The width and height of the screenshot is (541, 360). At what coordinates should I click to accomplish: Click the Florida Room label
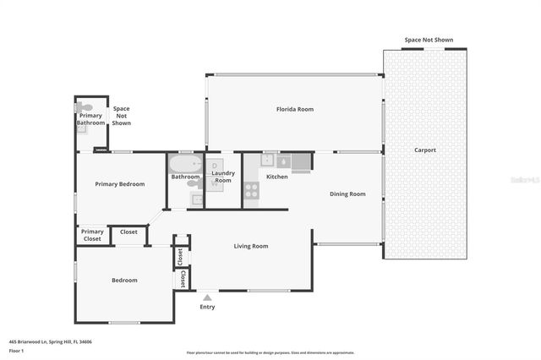[295, 109]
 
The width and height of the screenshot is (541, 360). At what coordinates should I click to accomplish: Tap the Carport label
[424, 150]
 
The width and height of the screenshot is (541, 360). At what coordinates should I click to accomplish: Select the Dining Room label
[347, 194]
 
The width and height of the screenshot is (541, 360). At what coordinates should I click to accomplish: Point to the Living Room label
[251, 246]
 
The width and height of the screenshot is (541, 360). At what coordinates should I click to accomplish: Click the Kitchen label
[277, 177]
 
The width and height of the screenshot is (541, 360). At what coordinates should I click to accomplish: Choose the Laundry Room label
[222, 177]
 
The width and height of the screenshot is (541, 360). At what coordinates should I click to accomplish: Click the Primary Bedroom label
[119, 184]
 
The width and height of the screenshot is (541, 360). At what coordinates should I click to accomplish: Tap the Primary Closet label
[92, 235]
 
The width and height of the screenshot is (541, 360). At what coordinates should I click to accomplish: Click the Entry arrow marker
[207, 297]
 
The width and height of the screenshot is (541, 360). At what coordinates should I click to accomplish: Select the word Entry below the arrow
[207, 307]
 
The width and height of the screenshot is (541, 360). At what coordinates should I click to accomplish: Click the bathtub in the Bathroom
[184, 164]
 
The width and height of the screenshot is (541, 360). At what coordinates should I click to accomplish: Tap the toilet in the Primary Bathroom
[84, 108]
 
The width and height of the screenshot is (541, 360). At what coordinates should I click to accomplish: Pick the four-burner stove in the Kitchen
[251, 190]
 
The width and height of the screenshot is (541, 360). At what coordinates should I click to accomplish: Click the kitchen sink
[283, 160]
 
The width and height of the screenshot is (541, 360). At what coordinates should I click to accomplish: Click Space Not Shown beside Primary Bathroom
[122, 116]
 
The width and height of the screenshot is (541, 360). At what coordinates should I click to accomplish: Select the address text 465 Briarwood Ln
[51, 341]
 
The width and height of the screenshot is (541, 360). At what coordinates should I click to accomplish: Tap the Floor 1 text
[16, 350]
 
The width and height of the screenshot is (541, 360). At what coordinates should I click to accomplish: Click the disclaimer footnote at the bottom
[270, 352]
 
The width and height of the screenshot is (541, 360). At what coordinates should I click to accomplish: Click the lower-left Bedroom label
[124, 280]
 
